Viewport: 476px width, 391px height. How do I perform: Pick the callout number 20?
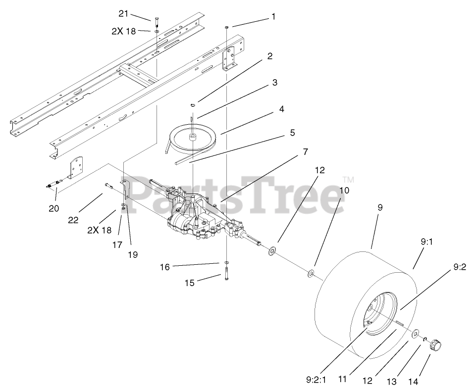54,208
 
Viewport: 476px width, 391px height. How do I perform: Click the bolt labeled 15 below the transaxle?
225,273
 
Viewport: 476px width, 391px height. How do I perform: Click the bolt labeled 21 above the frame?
157,22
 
